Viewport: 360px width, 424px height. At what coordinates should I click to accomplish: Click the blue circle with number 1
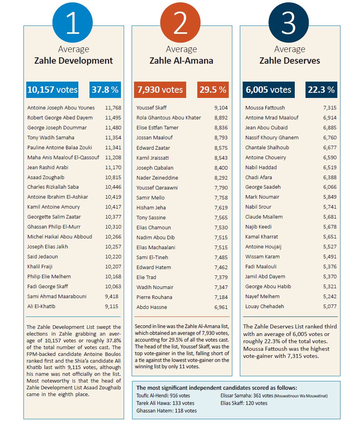(72, 22)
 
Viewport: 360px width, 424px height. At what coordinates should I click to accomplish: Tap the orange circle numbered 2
(180, 22)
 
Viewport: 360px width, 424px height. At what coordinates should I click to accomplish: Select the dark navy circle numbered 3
(288, 22)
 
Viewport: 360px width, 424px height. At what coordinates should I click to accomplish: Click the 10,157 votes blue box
(53, 90)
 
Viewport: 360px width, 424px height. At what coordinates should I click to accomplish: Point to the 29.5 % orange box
(213, 90)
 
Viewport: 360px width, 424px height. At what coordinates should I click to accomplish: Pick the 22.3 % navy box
(321, 90)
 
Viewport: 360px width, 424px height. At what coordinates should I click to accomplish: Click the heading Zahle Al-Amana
(181, 61)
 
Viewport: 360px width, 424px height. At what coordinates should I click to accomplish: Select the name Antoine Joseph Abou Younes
(61, 107)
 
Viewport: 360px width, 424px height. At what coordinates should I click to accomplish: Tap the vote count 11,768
(113, 107)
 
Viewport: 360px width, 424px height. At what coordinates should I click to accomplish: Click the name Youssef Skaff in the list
(151, 107)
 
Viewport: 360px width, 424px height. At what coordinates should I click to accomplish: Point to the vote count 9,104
(221, 107)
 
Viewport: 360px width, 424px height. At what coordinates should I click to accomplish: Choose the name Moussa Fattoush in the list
(265, 107)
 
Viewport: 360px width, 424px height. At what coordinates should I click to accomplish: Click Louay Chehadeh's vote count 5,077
(330, 307)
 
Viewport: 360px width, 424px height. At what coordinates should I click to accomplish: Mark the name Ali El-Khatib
(41, 307)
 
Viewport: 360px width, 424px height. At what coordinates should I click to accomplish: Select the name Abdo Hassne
(152, 307)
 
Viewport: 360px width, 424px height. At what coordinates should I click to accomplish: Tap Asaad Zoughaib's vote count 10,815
(113, 178)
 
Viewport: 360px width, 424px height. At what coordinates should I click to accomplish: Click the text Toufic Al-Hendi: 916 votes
(163, 396)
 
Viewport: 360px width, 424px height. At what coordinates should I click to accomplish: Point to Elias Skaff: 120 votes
(244, 403)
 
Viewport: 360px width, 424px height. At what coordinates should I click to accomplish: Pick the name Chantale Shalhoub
(267, 147)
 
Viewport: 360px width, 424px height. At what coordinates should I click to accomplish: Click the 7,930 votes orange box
(160, 90)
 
